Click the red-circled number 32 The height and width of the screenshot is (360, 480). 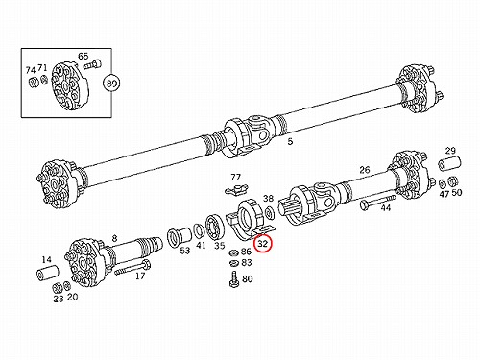coord(262,244)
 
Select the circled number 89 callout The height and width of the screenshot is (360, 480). coord(111,84)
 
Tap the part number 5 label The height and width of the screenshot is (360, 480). coord(290,141)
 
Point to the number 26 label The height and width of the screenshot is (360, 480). coord(365,170)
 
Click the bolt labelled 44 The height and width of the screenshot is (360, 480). coord(378,202)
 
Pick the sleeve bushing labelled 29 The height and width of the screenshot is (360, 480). coord(449,162)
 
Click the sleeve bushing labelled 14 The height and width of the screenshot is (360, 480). coord(47,273)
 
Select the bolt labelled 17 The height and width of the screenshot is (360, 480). coord(132,268)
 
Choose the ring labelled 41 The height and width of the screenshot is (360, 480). coord(200,231)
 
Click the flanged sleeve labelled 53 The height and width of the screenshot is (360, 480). coord(180,237)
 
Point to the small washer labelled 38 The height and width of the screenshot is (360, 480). coord(270,212)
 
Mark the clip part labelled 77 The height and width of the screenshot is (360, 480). coord(236,189)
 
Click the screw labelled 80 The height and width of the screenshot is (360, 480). coord(234,279)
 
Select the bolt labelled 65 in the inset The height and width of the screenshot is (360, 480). coord(93,65)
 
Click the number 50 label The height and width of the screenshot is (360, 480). coord(457,193)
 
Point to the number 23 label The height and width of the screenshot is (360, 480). coord(59,299)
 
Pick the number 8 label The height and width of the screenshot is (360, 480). coord(114,238)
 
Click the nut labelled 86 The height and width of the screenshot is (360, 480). coord(233,252)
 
